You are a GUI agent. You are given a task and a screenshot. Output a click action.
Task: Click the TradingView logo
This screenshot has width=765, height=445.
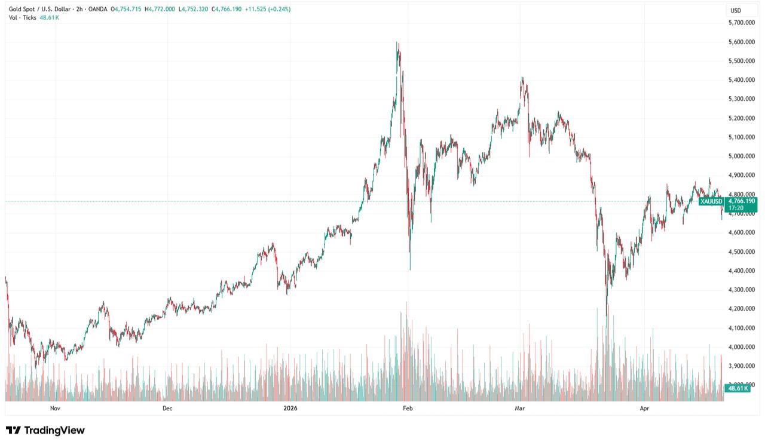click(45, 430)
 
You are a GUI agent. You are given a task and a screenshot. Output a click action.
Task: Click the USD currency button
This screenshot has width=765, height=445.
click(735, 10)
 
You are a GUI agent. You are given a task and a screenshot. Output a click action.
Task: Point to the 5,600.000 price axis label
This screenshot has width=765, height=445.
click(742, 42)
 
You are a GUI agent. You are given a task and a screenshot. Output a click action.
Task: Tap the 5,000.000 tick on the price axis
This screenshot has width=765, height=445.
click(742, 156)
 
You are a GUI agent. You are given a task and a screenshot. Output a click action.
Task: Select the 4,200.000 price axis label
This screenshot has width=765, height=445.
click(742, 309)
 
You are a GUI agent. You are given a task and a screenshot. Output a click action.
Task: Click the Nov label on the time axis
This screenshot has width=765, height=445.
click(55, 409)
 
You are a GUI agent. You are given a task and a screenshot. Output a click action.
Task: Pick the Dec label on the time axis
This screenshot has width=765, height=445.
click(167, 409)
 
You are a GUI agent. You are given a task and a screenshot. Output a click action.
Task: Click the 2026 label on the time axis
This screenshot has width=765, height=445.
click(290, 409)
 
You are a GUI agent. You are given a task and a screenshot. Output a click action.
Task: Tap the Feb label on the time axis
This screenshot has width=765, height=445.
click(408, 409)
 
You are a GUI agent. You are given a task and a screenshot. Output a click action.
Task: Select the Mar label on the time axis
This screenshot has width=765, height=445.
click(520, 409)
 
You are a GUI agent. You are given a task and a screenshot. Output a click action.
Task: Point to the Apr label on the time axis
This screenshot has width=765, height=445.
click(644, 409)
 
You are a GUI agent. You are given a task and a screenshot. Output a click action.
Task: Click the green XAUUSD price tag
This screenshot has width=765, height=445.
click(711, 202)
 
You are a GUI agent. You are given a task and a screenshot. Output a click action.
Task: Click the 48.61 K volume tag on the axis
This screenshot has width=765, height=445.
click(736, 388)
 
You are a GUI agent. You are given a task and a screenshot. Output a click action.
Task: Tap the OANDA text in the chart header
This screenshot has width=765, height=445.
click(98, 9)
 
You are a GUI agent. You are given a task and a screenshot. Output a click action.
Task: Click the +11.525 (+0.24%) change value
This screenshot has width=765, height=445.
click(268, 9)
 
